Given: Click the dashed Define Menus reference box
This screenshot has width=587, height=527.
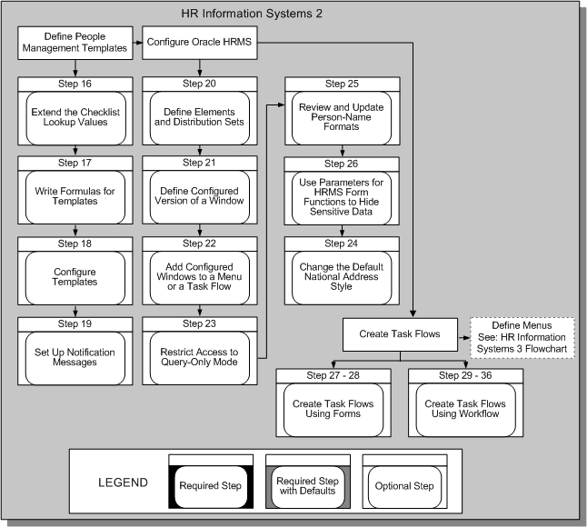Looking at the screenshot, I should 521,334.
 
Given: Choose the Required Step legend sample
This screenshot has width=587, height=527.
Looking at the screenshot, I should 210,485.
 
